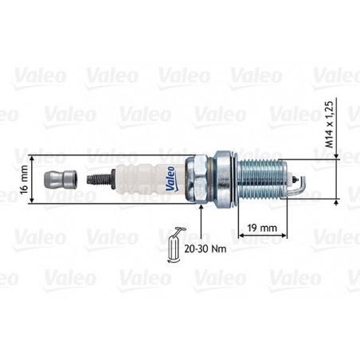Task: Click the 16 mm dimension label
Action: [x=24, y=179]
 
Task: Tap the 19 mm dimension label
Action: [x=262, y=228]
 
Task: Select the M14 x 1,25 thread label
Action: [x=329, y=124]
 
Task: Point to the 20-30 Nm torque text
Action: [x=205, y=248]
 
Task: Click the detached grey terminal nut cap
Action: [x=61, y=180]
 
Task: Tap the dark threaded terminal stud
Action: [x=101, y=179]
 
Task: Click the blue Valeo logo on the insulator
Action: [x=170, y=178]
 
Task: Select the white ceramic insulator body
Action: [x=150, y=179]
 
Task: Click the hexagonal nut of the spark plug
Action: [x=197, y=179]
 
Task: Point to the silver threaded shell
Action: [x=261, y=179]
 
